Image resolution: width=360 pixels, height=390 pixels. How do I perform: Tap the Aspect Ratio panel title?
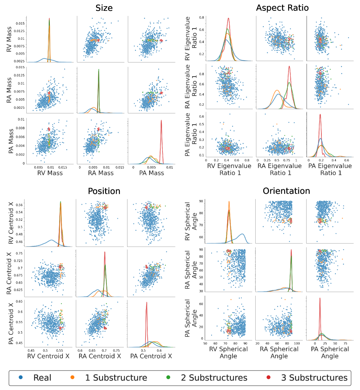pyautogui.click(x=282, y=8)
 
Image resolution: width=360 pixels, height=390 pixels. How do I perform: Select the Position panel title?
pyautogui.click(x=104, y=191)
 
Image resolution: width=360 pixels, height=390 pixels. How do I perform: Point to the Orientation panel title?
pyautogui.click(x=286, y=191)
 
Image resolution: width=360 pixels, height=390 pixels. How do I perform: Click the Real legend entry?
pyautogui.click(x=42, y=378)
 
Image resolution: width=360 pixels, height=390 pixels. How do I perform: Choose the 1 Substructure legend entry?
pyautogui.click(x=116, y=378)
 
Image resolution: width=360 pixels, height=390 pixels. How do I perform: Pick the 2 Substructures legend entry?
pyautogui.click(x=214, y=378)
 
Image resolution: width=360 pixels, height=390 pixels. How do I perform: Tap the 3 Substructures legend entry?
pyautogui.click(x=314, y=378)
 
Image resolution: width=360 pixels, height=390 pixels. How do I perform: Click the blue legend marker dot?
pyautogui.click(x=19, y=378)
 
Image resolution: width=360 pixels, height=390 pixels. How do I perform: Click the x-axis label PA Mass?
pyautogui.click(x=151, y=173)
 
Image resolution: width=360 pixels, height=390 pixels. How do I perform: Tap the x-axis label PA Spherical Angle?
pyautogui.click(x=330, y=352)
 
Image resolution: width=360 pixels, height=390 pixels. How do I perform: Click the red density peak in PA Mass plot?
pyautogui.click(x=161, y=121)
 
